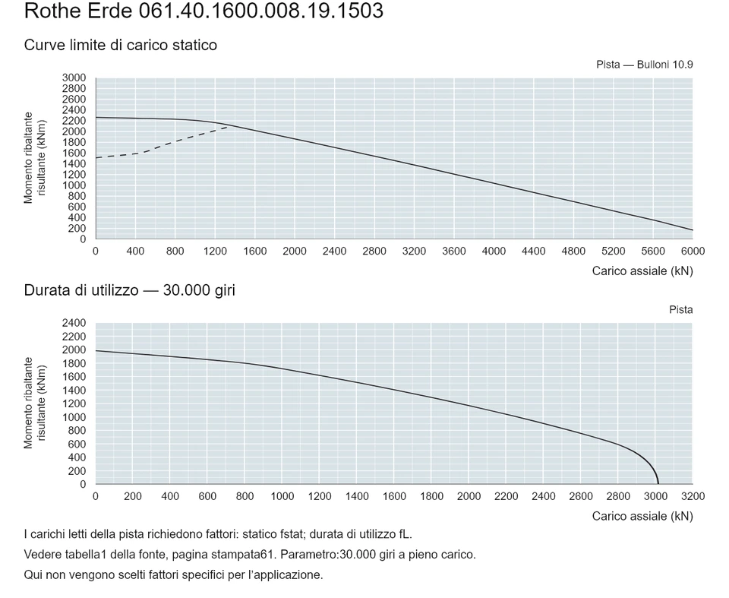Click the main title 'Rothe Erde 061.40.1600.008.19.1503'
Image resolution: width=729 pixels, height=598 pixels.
pyautogui.click(x=204, y=11)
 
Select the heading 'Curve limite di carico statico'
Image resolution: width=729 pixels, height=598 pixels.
pyautogui.click(x=121, y=45)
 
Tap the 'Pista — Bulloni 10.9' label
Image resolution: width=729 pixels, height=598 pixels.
pyautogui.click(x=645, y=65)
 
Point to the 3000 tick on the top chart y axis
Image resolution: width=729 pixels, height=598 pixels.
pyautogui.click(x=74, y=78)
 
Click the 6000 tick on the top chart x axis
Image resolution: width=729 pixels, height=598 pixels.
pyautogui.click(x=693, y=252)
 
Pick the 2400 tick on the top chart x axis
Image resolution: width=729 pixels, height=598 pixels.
pyautogui.click(x=334, y=252)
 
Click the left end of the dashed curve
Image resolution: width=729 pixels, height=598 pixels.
pyautogui.click(x=96, y=158)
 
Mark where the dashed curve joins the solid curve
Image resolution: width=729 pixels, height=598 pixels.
pyautogui.click(x=229, y=125)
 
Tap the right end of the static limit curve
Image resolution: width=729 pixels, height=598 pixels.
pyautogui.click(x=693, y=230)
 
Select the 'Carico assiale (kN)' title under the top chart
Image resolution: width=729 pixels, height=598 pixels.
pyautogui.click(x=642, y=271)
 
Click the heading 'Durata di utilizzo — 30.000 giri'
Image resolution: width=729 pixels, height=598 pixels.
pyautogui.click(x=130, y=290)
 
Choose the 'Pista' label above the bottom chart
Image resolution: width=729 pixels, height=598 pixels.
pyautogui.click(x=681, y=310)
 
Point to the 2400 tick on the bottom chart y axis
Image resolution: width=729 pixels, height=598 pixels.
pyautogui.click(x=74, y=322)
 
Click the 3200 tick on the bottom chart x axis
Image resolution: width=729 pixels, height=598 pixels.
pyautogui.click(x=693, y=496)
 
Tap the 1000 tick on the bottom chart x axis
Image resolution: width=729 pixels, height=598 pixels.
pyautogui.click(x=282, y=496)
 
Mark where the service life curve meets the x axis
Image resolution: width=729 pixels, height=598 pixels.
pyautogui.click(x=658, y=484)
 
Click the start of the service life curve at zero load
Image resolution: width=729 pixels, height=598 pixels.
pyautogui.click(x=96, y=350)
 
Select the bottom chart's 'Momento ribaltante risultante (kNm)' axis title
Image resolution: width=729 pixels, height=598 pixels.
pyautogui.click(x=35, y=403)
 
